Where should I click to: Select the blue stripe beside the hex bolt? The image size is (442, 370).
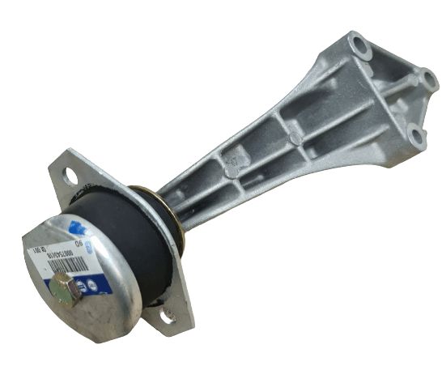pos(97,284)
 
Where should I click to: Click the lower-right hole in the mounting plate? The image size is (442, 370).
pos(169,317)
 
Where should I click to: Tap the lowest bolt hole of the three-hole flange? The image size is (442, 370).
pos(417,136)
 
